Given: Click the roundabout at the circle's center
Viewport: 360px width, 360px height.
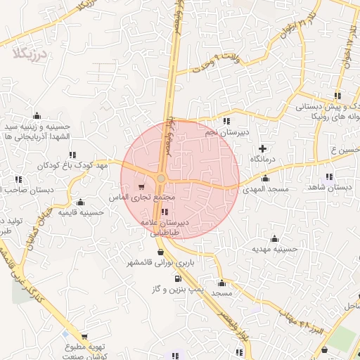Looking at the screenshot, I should pyautogui.click(x=161, y=179).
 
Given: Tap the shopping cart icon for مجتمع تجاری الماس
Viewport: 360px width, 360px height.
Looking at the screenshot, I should pyautogui.click(x=143, y=187).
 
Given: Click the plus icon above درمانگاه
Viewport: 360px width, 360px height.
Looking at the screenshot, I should pyautogui.click(x=263, y=148).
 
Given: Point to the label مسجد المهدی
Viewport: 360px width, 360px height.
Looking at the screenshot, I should pyautogui.click(x=262, y=190).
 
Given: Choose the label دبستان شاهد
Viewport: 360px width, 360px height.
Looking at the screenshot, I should pyautogui.click(x=328, y=188).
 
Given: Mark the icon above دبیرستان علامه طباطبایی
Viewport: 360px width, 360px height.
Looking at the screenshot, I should pyautogui.click(x=165, y=212).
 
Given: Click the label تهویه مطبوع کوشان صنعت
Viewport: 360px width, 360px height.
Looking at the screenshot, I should pyautogui.click(x=85, y=352).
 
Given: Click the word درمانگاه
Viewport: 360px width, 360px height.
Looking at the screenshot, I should pyautogui.click(x=265, y=160).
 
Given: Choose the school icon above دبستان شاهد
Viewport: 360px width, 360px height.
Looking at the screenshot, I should pyautogui.click(x=328, y=176).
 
